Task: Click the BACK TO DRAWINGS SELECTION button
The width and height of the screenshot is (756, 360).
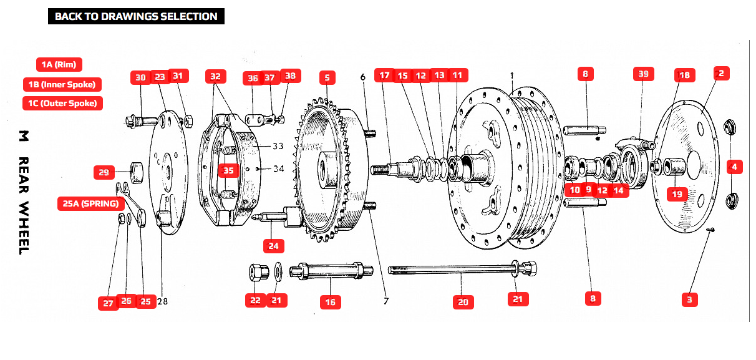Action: pyautogui.click(x=136, y=17)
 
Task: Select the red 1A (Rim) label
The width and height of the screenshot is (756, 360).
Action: pyautogui.click(x=59, y=64)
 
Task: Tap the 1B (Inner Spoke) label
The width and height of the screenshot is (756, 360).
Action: pyautogui.click(x=62, y=84)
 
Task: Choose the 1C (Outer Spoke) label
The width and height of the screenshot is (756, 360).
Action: pyautogui.click(x=62, y=103)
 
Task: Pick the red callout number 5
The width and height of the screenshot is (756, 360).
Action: pyautogui.click(x=327, y=77)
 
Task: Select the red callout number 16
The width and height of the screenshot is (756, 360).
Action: pyautogui.click(x=331, y=302)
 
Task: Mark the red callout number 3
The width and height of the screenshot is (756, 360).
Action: pyautogui.click(x=689, y=299)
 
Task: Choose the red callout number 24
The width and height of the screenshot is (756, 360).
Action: pyautogui.click(x=273, y=245)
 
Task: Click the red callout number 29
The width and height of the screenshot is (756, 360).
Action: pyautogui.click(x=104, y=172)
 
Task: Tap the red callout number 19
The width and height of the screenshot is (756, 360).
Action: pyautogui.click(x=677, y=193)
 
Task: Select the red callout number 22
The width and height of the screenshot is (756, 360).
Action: pyautogui.click(x=255, y=300)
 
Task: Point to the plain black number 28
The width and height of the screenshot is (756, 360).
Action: pyautogui.click(x=162, y=301)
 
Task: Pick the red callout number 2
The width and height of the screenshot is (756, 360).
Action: pyautogui.click(x=720, y=73)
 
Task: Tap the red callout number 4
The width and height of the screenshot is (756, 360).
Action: pyautogui.click(x=734, y=167)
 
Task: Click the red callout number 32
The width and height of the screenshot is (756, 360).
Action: pyautogui.click(x=215, y=76)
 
